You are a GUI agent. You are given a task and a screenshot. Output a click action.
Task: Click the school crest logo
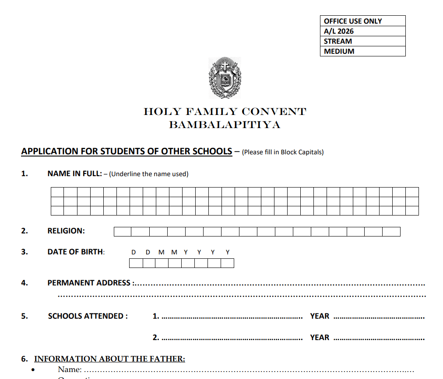point(225,78)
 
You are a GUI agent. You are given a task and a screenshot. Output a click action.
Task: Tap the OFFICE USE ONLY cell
point(363,21)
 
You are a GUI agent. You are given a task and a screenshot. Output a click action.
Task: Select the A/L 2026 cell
point(363,31)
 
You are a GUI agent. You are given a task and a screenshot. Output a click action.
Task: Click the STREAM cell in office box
point(363,41)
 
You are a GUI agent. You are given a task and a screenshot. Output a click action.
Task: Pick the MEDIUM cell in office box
point(363,51)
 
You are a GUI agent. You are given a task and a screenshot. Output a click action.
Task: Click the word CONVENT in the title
point(274,112)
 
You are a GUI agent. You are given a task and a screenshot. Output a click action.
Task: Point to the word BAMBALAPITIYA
point(225,125)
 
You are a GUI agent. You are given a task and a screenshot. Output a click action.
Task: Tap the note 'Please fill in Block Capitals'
point(282,152)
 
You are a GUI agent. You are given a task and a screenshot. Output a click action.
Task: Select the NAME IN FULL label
point(74,174)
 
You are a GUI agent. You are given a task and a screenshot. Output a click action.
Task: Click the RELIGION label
point(66,231)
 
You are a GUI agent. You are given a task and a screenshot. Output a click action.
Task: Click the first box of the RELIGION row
point(123,232)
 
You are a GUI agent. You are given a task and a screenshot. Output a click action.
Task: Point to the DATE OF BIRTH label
point(76,252)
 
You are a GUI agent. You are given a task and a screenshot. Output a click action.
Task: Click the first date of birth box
point(136,263)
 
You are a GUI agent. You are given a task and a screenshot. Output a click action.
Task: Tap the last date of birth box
point(227,263)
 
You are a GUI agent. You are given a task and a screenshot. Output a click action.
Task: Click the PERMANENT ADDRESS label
point(89,283)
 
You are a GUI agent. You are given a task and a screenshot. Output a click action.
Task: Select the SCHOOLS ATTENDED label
point(88,316)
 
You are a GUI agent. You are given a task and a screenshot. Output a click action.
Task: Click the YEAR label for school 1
point(320,316)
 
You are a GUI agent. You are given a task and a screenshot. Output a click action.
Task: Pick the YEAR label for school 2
point(320,337)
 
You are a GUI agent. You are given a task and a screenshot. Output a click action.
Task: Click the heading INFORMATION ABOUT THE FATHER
point(109,359)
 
